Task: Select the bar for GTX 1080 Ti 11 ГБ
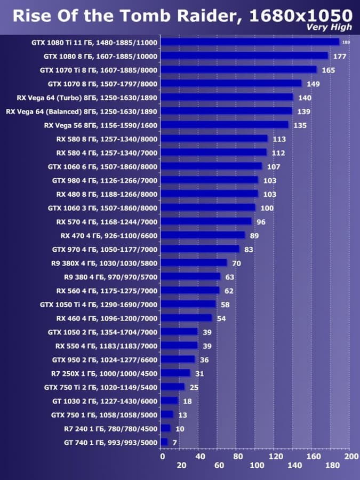tap(250, 42)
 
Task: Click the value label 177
tap(339, 55)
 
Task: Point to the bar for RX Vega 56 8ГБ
tap(224, 125)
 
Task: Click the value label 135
tap(300, 125)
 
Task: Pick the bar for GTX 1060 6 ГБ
tap(211, 166)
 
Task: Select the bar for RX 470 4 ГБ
tap(203, 235)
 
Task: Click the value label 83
tap(249, 249)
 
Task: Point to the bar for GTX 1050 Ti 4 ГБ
tap(188, 305)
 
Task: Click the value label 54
tap(221, 318)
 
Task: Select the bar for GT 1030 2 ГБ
tap(169, 401)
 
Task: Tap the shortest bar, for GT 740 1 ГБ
tap(164, 442)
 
